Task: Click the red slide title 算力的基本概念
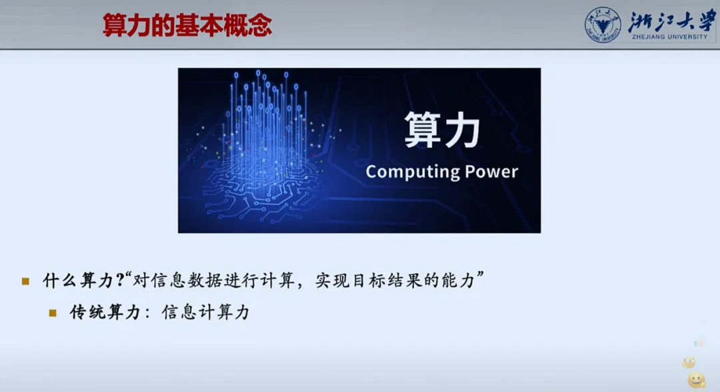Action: coord(187,25)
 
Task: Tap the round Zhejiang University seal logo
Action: coord(603,25)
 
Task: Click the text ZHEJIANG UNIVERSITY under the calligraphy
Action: coord(669,37)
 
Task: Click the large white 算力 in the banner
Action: coord(442,130)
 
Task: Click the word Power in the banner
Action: coord(491,172)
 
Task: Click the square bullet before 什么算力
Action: coord(26,281)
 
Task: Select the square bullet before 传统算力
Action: coord(53,313)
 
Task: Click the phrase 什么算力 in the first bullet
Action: coord(79,280)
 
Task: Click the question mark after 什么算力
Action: coord(120,280)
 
